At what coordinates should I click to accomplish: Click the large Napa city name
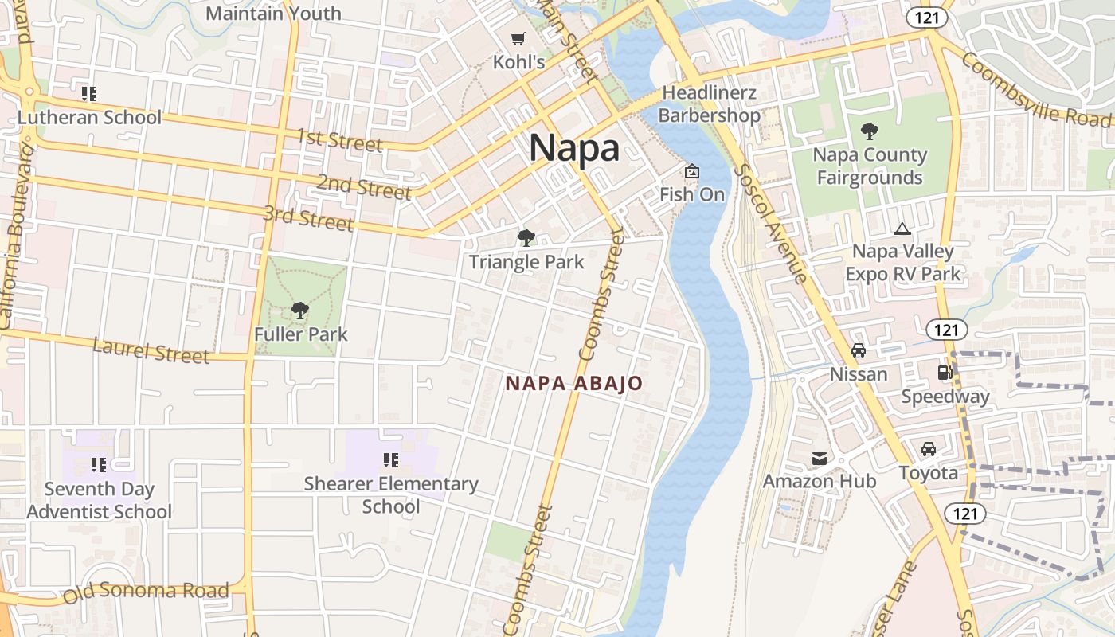coord(574,148)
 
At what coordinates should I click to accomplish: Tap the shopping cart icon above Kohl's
coord(518,38)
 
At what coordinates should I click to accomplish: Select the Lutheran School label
coord(89,118)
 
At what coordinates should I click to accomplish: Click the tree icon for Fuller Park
coord(300,311)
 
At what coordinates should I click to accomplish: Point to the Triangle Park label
coord(526,262)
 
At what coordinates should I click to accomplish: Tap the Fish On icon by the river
coord(692,171)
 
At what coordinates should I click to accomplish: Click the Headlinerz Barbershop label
coord(709,104)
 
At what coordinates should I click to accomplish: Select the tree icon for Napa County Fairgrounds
coord(870,131)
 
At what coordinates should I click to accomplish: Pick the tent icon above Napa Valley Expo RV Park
coord(902,229)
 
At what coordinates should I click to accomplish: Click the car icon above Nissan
coord(859,350)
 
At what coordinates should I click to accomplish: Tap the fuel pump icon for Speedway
coord(945,372)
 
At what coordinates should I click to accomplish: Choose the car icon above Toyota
coord(929,449)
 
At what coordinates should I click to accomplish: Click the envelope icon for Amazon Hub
coord(820,459)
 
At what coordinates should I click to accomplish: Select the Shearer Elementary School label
coord(391,494)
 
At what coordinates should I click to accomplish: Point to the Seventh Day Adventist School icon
coord(99,464)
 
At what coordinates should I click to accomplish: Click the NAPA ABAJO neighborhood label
coord(573,384)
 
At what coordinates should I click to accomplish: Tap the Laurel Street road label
coord(151,350)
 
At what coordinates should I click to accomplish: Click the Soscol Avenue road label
coord(770,223)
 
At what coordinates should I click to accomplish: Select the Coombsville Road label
coord(1035,88)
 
